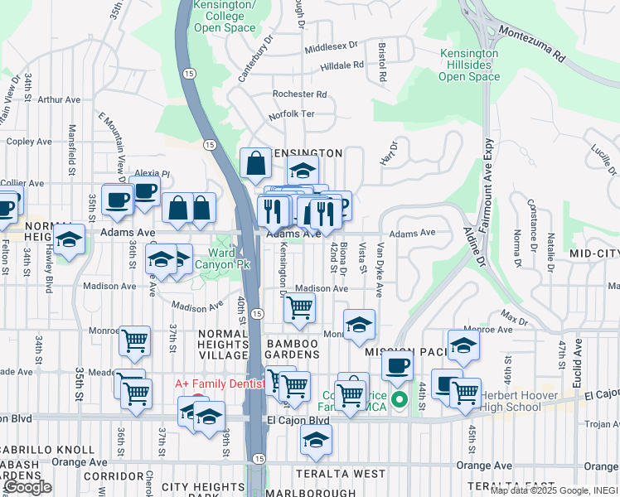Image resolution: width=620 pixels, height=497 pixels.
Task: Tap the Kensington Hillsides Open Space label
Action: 469,65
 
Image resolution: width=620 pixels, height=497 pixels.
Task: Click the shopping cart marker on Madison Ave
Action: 299,307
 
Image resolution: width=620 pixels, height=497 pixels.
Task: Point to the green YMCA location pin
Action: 399,401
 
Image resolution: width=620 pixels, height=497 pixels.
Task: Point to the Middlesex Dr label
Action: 331,46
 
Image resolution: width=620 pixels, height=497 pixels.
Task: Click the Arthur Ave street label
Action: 60,99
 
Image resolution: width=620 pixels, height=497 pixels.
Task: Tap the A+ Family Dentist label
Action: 219,384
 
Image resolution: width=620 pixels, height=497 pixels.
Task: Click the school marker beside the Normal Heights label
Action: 70,240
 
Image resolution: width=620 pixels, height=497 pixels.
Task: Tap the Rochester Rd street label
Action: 300,94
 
